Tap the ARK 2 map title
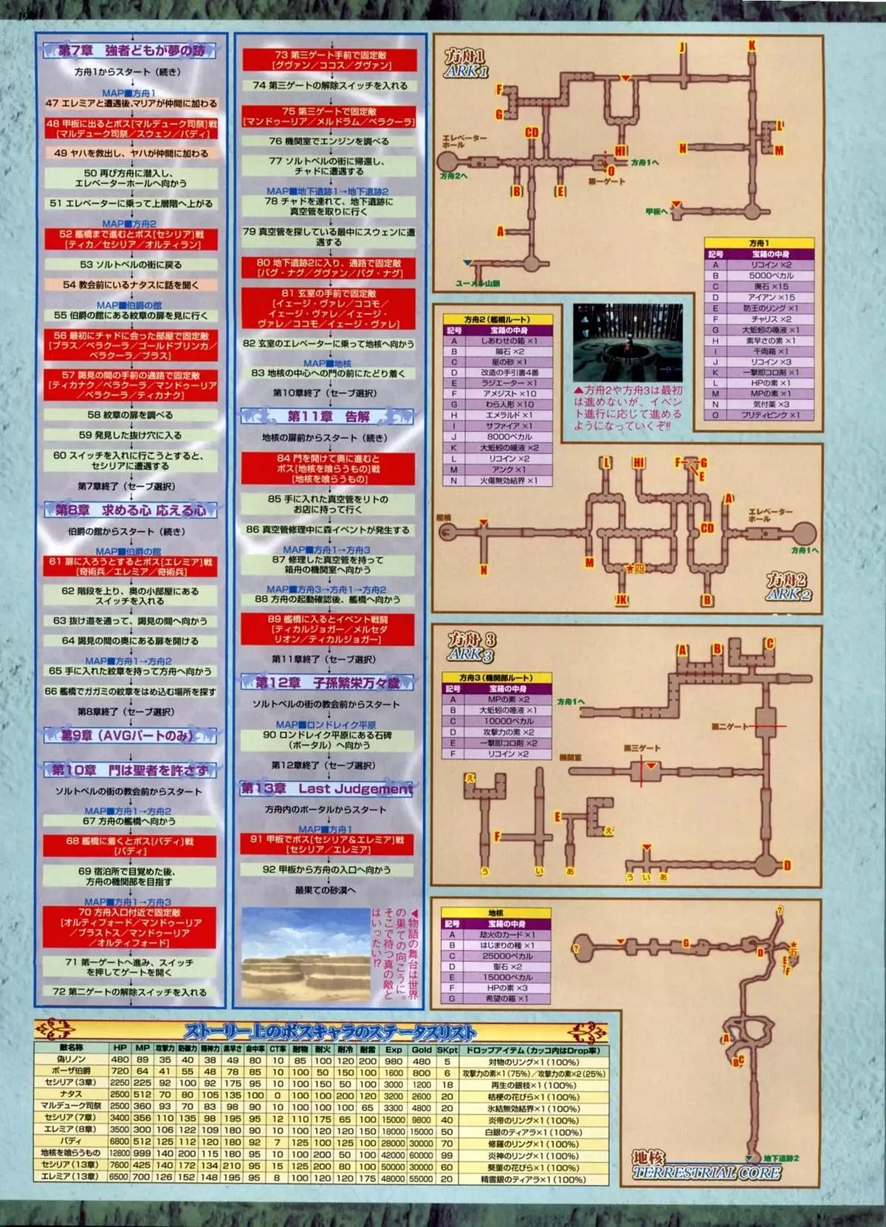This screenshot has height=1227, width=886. pyautogui.click(x=788, y=587)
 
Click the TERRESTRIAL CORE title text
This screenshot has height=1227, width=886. pyautogui.click(x=707, y=1172)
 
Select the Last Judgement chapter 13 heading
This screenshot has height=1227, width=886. pyautogui.click(x=327, y=788)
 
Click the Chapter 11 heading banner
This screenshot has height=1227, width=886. pyautogui.click(x=327, y=416)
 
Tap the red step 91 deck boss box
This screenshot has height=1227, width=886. pyautogui.click(x=327, y=845)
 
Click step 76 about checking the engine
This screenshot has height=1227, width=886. pyautogui.click(x=329, y=140)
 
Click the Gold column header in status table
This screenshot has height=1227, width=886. pyautogui.click(x=422, y=1048)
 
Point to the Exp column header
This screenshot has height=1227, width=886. pyautogui.click(x=394, y=1048)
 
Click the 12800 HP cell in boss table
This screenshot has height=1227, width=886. pyautogui.click(x=120, y=1152)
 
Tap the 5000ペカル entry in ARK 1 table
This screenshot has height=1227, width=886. pyautogui.click(x=772, y=275)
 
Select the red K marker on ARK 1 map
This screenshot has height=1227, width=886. pyautogui.click(x=752, y=46)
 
